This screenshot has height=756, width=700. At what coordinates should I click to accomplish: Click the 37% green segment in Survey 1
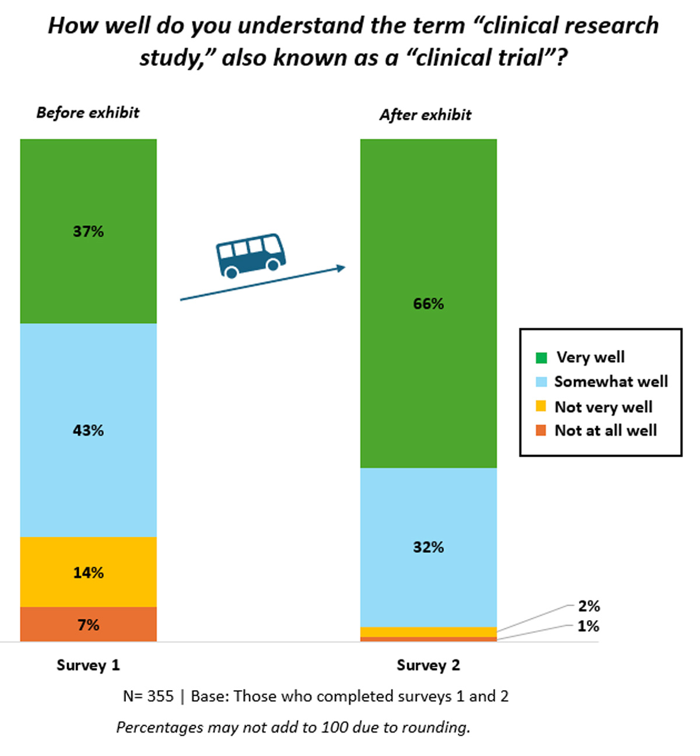[88, 231]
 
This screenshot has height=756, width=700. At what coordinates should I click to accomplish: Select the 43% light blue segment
[88, 430]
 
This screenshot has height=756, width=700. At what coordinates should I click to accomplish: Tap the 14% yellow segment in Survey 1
[88, 572]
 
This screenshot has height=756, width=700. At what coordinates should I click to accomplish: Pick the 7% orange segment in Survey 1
[88, 625]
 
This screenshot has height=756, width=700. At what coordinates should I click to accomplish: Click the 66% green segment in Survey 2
[428, 303]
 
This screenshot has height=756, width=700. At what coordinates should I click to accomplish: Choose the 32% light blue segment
[428, 547]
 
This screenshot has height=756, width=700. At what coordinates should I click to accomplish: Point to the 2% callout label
[589, 606]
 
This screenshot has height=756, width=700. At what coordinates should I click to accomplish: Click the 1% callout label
[589, 626]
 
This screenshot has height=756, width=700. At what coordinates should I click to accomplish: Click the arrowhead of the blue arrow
[341, 268]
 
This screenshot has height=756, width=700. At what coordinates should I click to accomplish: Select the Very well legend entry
[590, 357]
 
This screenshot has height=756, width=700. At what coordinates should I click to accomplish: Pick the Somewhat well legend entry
[610, 381]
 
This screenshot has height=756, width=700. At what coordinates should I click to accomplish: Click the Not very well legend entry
[603, 407]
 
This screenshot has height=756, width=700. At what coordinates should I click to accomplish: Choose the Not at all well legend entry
[605, 430]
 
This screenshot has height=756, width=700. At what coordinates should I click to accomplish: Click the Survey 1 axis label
[88, 665]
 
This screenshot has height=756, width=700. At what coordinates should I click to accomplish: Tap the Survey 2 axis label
[428, 665]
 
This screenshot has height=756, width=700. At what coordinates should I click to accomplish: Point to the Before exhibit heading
[88, 113]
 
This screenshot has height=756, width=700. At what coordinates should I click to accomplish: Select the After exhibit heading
[425, 115]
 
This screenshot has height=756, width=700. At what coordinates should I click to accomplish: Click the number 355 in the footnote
[160, 696]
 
